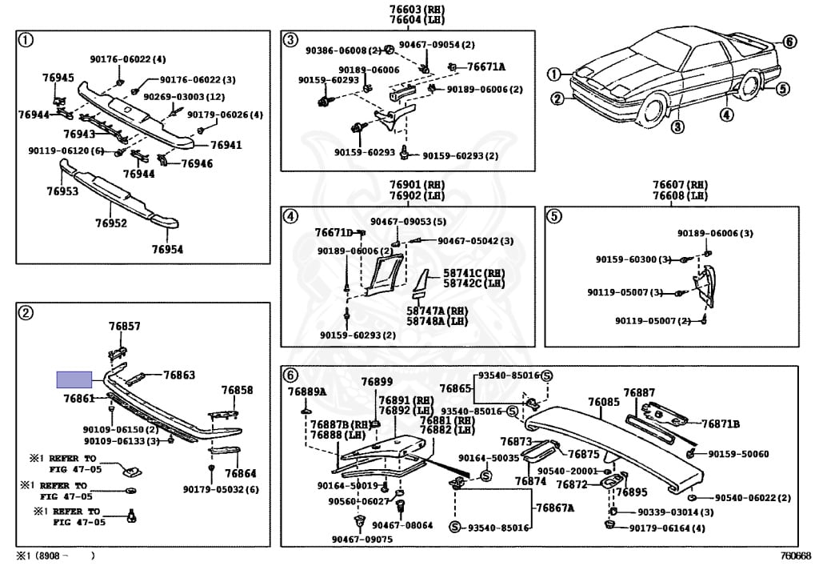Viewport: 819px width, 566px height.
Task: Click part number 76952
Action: pyautogui.click(x=111, y=223)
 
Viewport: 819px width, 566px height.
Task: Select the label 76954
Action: pyautogui.click(x=167, y=249)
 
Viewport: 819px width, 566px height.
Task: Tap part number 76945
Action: pyautogui.click(x=58, y=78)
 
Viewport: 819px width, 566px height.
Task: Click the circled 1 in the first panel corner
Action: pyautogui.click(x=26, y=39)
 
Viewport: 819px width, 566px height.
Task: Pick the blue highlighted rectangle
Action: pyautogui.click(x=74, y=379)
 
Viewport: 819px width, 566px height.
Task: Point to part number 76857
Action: pyautogui.click(x=125, y=327)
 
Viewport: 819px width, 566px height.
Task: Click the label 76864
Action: pyautogui.click(x=240, y=473)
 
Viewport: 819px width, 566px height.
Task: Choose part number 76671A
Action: pyautogui.click(x=486, y=67)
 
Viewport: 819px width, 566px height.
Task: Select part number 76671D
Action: pyautogui.click(x=334, y=233)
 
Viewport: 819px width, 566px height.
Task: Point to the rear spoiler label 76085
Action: pyautogui.click(x=604, y=402)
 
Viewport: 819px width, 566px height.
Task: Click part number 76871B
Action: pyautogui.click(x=721, y=423)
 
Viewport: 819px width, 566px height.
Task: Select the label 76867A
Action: pyautogui.click(x=556, y=508)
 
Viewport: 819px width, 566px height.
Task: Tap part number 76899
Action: pyautogui.click(x=377, y=382)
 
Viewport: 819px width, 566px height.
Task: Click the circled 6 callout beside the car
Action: pyautogui.click(x=789, y=42)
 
